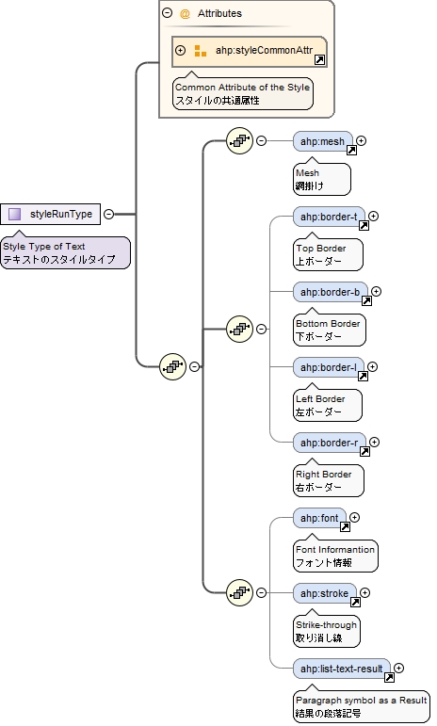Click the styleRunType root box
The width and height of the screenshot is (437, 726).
52,214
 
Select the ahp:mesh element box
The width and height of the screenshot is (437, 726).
322,141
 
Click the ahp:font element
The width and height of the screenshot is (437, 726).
319,518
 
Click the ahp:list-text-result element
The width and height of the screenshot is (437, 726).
341,669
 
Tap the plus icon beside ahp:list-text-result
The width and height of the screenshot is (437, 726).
399,669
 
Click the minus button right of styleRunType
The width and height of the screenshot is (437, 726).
108,214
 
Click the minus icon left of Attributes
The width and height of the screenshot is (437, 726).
168,13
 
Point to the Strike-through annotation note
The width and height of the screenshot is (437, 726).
327,631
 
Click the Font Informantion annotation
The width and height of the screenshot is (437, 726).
335,556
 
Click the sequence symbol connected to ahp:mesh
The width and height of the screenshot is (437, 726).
239,141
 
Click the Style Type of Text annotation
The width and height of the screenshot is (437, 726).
64,252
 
